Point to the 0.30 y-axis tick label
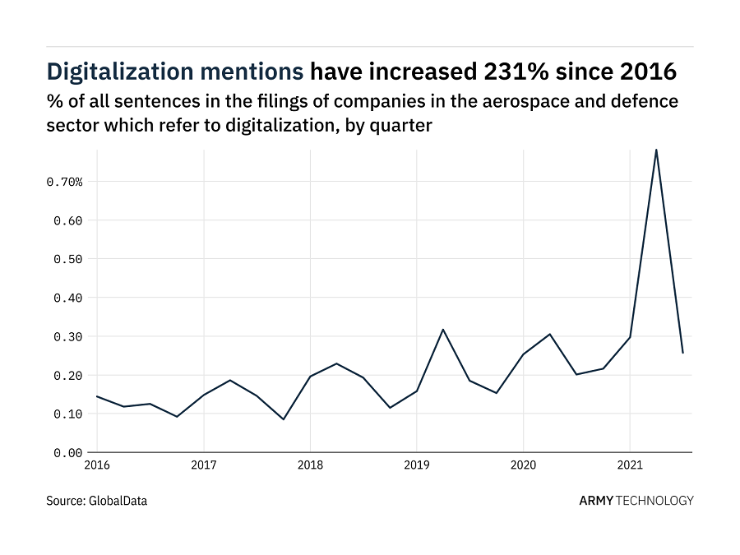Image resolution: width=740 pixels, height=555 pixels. coord(67,336)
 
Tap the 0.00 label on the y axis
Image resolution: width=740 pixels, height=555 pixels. coord(67,453)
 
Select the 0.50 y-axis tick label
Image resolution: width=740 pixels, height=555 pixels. coord(67,259)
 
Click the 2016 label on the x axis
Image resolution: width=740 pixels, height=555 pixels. coord(97,465)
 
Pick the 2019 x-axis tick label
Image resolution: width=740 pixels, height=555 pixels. coord(417,465)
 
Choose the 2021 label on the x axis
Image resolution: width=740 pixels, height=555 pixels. coord(630,465)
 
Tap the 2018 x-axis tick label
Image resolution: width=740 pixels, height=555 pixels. coord(310,465)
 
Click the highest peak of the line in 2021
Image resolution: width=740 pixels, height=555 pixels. coord(656,150)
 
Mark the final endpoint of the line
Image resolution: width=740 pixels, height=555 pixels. coord(682,353)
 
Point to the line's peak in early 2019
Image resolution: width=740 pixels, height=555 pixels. coord(443,330)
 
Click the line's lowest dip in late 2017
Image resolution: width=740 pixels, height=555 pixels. coord(284,419)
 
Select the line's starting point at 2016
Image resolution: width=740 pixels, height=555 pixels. coord(97,396)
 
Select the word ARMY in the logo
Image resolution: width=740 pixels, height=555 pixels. coord(596,500)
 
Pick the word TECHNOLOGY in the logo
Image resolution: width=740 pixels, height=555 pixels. coord(655,500)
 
